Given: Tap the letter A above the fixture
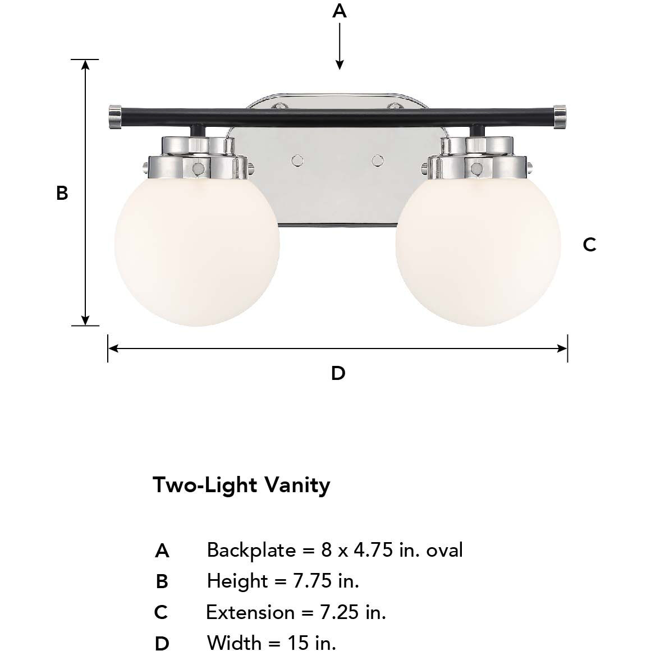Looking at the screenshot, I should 340,11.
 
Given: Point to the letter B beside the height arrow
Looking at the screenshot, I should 62,193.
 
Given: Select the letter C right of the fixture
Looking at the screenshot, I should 589,245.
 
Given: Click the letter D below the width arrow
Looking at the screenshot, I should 338,373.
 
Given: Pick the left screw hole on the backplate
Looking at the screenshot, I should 297,161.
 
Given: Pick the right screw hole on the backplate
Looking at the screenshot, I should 377,161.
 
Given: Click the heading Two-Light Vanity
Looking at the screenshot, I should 241,484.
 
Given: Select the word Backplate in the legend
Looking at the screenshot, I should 251,550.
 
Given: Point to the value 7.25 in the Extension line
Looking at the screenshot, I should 340,612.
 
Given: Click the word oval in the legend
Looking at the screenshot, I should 444,550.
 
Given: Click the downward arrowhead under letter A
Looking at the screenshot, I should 340,65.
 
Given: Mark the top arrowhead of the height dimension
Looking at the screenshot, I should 85,65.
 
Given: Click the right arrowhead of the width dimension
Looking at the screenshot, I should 562,349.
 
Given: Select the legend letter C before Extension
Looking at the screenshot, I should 161,612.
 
